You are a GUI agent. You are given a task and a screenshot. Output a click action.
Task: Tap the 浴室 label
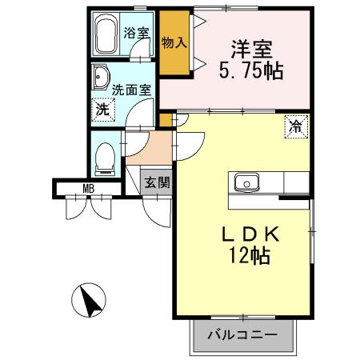point(137,34)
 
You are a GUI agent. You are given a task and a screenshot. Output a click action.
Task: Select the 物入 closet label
point(174,42)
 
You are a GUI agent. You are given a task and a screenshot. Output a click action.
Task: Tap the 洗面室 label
point(131,90)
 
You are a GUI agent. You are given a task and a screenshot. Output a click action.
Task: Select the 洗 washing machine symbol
point(103,110)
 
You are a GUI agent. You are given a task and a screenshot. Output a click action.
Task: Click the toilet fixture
point(104,158)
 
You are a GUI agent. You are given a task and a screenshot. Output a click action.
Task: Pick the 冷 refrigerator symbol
point(295,126)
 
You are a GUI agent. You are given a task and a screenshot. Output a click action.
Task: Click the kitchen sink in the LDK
point(246,182)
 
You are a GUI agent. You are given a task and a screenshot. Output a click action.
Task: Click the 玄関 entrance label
point(157,182)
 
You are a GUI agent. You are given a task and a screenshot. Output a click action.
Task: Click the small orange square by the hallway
point(166,121)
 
